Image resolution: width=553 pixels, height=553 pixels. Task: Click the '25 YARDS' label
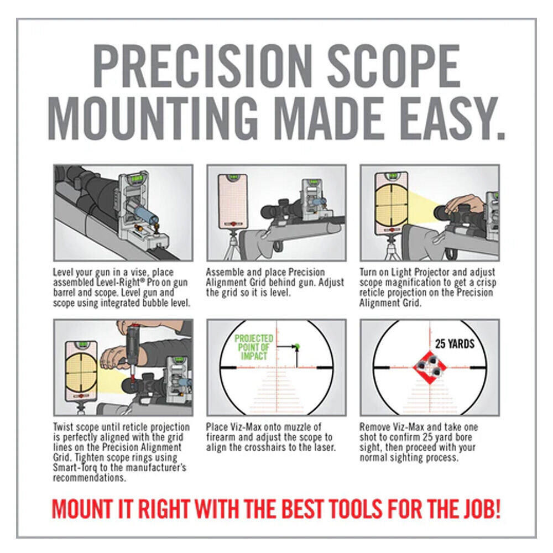click(x=455, y=344)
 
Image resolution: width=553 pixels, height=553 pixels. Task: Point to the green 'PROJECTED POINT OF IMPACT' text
click(x=253, y=347)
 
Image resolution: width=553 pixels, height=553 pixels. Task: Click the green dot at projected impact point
click(x=297, y=347)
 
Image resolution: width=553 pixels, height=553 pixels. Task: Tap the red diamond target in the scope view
click(x=429, y=367)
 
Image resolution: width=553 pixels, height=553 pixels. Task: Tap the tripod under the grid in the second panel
click(x=233, y=245)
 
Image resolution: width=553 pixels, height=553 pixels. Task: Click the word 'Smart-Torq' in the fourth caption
click(x=72, y=467)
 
